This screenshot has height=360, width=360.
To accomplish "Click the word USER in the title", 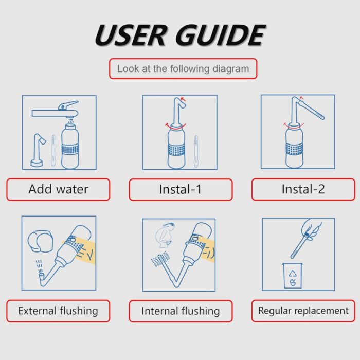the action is (131, 35).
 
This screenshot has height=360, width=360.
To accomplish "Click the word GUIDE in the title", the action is (221, 35).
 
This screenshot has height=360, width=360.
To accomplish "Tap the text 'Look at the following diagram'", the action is (183, 68).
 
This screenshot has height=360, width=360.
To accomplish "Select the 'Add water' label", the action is (58, 189).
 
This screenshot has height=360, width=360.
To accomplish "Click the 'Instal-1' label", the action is (181, 190).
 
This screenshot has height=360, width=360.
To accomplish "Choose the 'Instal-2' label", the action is (303, 189).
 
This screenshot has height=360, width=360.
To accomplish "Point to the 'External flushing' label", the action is (58, 311).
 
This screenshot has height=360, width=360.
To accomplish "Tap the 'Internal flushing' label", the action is (181, 311).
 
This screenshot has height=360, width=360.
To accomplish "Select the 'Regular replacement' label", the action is (303, 311).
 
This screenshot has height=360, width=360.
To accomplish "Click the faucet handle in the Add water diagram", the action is (68, 105).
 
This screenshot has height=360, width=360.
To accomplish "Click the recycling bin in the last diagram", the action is (292, 276).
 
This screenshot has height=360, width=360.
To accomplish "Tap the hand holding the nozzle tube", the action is (312, 229).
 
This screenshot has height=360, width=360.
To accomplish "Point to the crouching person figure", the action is (165, 235).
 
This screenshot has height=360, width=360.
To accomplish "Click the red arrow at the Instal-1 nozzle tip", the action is (184, 99).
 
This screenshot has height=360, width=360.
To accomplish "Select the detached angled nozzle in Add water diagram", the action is (38, 150).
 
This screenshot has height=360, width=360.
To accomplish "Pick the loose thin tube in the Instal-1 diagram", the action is (196, 151).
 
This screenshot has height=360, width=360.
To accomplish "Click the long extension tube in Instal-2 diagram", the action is (312, 110).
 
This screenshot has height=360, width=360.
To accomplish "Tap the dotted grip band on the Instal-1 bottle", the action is (176, 150).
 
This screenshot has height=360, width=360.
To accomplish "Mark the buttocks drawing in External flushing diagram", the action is (41, 241).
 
